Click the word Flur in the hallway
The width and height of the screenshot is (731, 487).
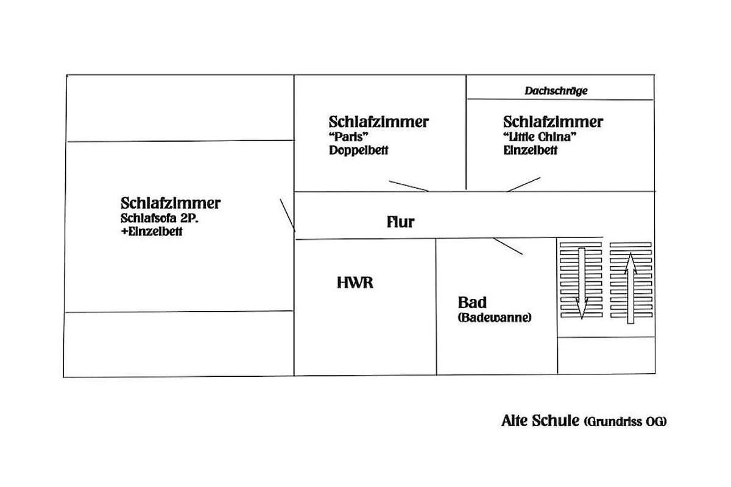pos(400,222)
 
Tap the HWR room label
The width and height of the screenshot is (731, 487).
pos(355,282)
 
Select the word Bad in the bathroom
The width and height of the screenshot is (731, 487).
pos(472,303)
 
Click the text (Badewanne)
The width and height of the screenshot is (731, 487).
pos(495,317)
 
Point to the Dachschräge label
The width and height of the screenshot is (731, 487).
pos(556,91)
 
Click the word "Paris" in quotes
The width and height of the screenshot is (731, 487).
pos(348,137)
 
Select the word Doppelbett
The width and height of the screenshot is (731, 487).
pos(359,150)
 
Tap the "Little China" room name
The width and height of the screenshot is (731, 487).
pos(540,137)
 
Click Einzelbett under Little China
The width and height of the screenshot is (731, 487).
pos(531,150)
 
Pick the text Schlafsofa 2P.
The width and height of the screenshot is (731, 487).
pos(160,218)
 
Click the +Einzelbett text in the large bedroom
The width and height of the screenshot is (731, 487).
pos(152,231)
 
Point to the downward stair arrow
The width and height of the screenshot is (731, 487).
pos(582,283)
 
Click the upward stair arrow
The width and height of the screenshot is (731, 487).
pos(630,289)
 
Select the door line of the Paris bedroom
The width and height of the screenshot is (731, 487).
pos(409,186)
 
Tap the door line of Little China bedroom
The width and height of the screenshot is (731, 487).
pos(523,184)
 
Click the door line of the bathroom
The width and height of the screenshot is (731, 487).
pos(508,246)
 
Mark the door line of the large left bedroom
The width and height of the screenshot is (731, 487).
pos(288,215)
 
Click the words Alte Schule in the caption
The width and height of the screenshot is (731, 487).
pos(540,421)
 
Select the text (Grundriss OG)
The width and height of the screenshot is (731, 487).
pos(625,422)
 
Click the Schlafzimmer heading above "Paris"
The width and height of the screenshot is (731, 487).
pos(378,122)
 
